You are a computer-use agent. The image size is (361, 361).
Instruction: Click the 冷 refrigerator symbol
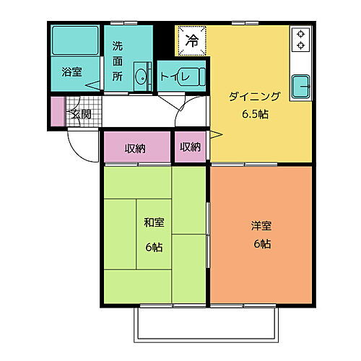(191, 40)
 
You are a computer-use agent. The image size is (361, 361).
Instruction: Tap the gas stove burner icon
(300, 39)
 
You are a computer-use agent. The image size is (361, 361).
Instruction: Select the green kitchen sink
(300, 87)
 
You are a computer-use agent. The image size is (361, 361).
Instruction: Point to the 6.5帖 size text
(245, 114)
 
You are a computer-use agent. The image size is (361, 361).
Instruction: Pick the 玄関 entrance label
(81, 114)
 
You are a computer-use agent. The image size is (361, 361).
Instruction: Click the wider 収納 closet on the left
(135, 148)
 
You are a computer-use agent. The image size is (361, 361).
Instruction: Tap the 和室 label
(153, 223)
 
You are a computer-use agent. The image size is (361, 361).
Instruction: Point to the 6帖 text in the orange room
(261, 244)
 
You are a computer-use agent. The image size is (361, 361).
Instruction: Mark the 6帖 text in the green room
(152, 247)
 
